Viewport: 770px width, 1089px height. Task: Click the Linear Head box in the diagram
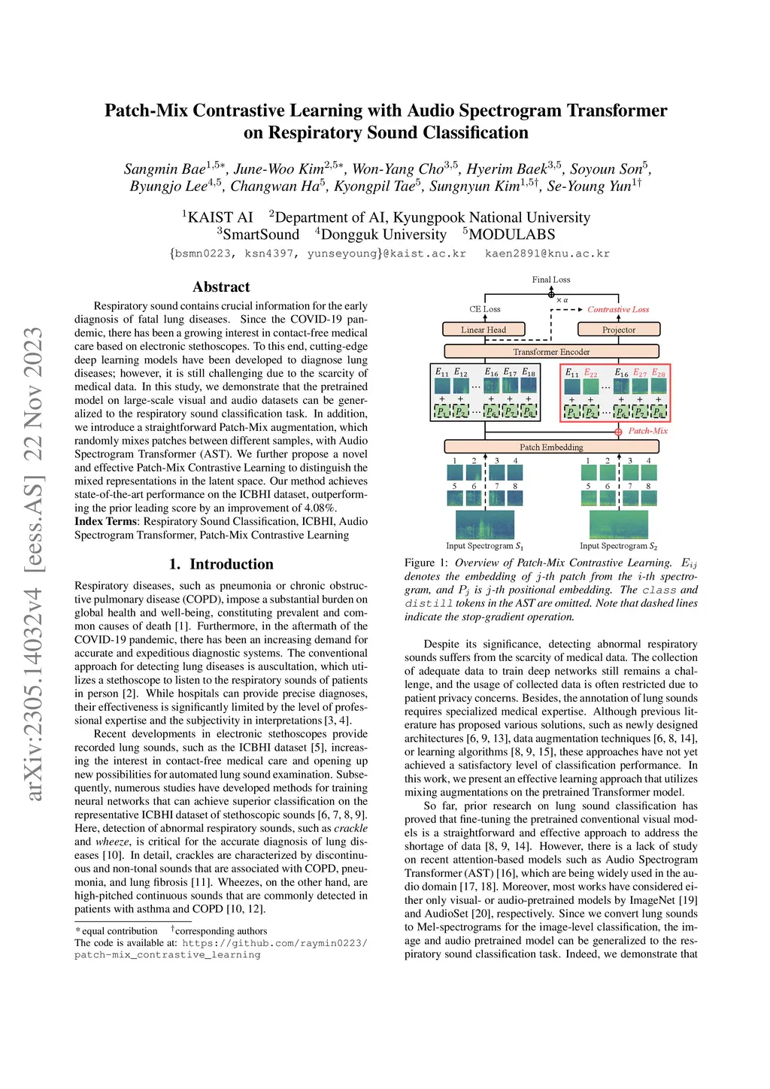coord(483,329)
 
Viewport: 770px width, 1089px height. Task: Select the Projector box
coord(618,329)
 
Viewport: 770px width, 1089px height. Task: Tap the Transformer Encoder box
coord(551,351)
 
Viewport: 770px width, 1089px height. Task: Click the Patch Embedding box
coord(551,447)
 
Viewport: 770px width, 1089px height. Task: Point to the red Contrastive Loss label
coord(618,309)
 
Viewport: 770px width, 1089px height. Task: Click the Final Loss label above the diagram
coord(551,280)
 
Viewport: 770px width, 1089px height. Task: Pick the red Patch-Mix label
coord(647,431)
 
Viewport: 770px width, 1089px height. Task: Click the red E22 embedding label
coord(591,373)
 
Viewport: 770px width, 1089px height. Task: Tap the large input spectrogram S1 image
coord(485,524)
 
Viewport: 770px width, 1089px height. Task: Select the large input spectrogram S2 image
coord(618,524)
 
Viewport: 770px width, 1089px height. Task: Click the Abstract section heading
coord(221,287)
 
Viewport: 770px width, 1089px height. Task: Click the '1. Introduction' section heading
coord(221,564)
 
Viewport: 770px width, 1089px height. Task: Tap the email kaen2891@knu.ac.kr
coord(547,253)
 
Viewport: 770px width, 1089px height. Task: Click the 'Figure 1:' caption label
coord(426,563)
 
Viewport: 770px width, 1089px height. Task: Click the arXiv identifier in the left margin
coord(35,564)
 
